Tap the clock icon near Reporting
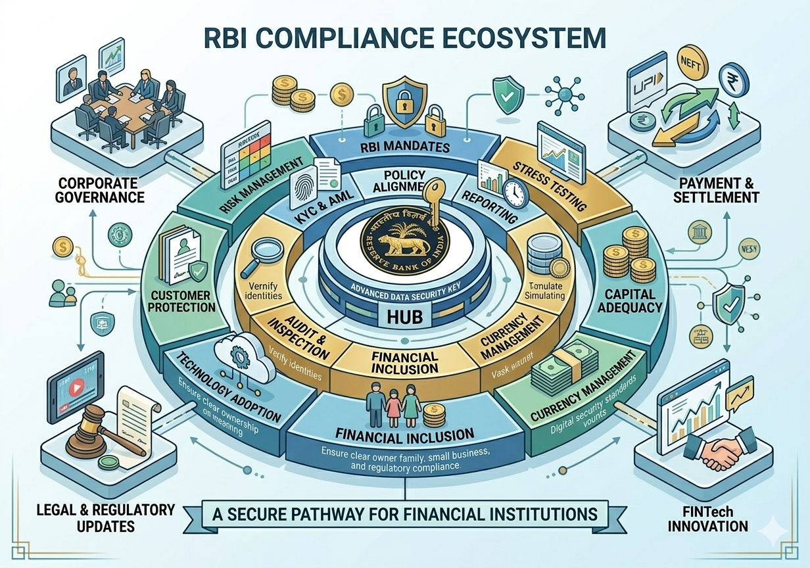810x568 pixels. (514, 193)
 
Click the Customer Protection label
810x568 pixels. (181, 301)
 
